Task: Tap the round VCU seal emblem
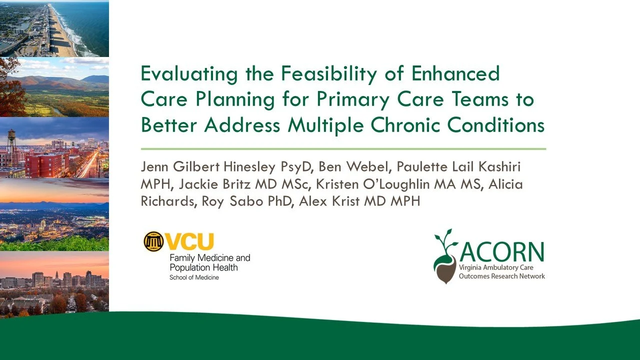point(153,242)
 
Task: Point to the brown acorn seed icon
point(446,269)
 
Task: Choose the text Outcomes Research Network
point(501,276)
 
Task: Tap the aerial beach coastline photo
point(54,28)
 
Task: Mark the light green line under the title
point(343,149)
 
